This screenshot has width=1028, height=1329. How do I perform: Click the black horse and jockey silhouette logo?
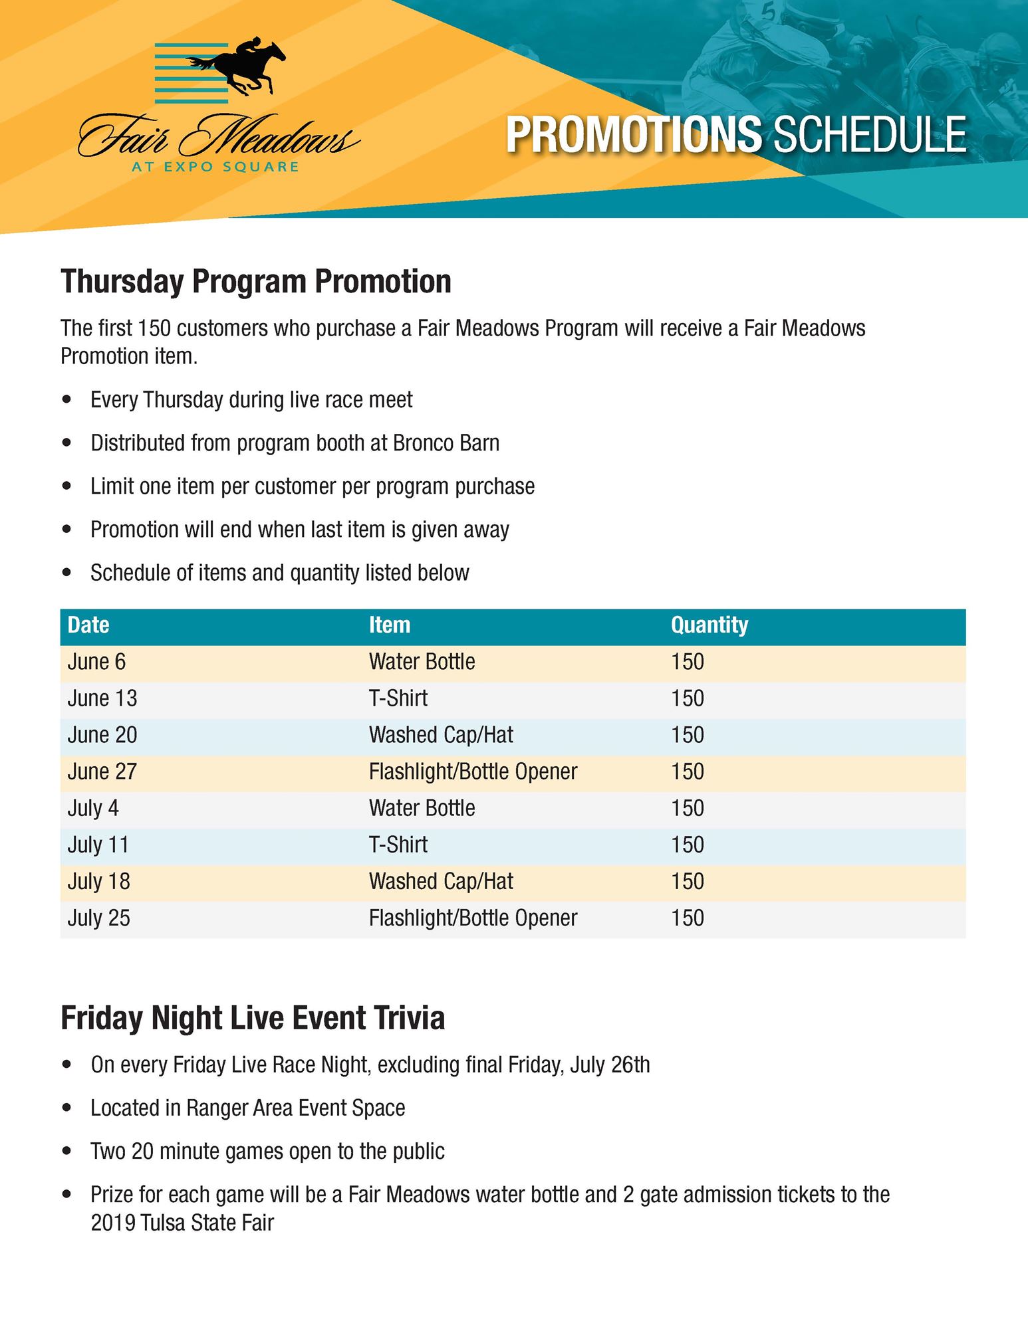[237, 66]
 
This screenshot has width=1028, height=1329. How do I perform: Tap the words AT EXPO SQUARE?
[215, 167]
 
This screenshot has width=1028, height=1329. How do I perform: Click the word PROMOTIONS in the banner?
[634, 135]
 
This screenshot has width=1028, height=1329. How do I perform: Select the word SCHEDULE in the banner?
[870, 135]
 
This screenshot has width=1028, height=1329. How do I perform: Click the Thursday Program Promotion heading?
[256, 282]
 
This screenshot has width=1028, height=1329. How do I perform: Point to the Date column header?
[88, 625]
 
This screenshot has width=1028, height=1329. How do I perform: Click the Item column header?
[390, 625]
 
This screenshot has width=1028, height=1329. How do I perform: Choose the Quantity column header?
[709, 625]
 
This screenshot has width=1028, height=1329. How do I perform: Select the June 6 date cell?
[96, 662]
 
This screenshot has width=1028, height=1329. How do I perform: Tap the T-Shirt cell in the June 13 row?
[398, 698]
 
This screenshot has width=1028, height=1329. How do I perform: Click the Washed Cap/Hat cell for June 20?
[441, 735]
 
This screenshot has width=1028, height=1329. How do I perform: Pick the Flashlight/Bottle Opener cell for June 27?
[473, 771]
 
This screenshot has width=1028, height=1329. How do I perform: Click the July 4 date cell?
[93, 808]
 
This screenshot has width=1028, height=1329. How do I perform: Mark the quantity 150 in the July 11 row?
[687, 845]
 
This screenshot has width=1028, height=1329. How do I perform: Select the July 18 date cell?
[98, 881]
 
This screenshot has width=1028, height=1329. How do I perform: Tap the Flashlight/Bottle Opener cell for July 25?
[473, 918]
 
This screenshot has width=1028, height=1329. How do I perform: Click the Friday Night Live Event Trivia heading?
[253, 1018]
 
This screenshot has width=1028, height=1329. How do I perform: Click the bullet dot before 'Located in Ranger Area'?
[66, 1108]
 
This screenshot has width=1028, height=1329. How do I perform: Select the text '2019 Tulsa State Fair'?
[182, 1223]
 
